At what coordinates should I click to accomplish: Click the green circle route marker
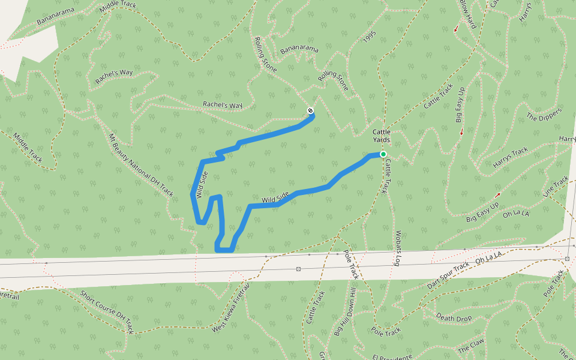[x=383, y=154]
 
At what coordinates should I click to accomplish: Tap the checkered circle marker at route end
[x=310, y=110]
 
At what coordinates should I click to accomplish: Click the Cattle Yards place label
[x=382, y=136]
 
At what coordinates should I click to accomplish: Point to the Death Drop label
[x=454, y=317]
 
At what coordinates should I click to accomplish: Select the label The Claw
[x=470, y=345]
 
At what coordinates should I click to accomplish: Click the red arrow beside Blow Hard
[x=456, y=28]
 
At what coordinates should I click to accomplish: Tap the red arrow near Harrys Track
[x=497, y=195]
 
